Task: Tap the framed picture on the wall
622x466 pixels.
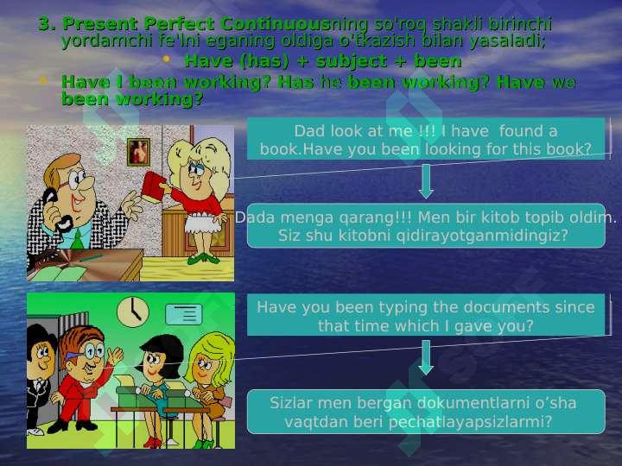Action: tap(138, 152)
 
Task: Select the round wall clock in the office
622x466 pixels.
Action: tap(133, 312)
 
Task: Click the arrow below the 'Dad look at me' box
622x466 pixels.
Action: tap(426, 181)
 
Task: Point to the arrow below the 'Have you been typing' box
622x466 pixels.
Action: tap(426, 357)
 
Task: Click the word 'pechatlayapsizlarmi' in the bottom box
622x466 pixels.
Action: tap(470, 422)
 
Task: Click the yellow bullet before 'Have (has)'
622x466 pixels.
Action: tap(166, 59)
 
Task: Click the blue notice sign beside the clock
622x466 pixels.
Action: tap(184, 314)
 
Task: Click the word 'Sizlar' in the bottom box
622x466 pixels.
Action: tap(290, 403)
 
